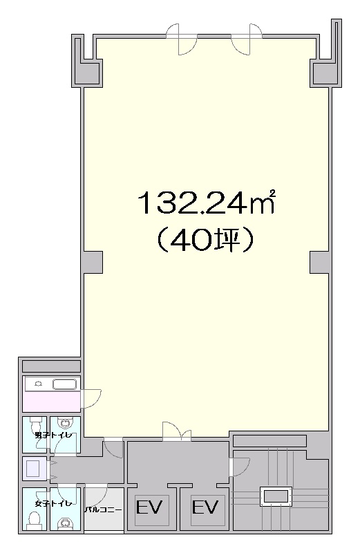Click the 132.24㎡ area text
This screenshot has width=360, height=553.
click(x=207, y=203)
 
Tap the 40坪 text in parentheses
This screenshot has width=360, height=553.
click(x=205, y=240)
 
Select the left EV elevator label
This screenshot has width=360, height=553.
click(x=149, y=507)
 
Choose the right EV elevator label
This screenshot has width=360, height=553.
click(x=205, y=507)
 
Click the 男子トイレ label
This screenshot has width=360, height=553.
click(x=53, y=435)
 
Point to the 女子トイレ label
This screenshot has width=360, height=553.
click(x=53, y=504)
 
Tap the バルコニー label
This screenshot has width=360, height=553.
click(x=104, y=510)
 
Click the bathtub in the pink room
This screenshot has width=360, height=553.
click(x=64, y=384)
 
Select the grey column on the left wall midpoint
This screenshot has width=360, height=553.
click(x=93, y=262)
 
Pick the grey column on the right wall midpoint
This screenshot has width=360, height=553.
click(x=319, y=262)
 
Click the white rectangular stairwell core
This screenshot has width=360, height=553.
click(x=276, y=496)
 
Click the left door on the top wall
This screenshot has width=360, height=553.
click(x=182, y=39)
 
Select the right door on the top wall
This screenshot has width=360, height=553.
click(x=246, y=39)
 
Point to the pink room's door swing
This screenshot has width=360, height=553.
click(x=91, y=399)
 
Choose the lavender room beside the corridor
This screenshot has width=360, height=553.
click(x=35, y=469)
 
